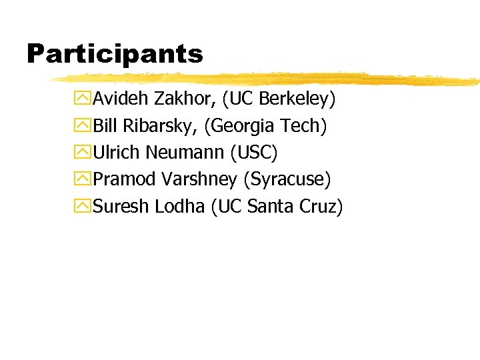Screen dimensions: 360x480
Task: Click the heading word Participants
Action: click(x=115, y=53)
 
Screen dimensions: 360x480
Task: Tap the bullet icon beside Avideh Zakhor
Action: click(x=84, y=99)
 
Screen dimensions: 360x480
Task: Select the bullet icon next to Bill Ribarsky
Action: click(x=84, y=126)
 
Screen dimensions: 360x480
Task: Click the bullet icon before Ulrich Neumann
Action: click(x=84, y=153)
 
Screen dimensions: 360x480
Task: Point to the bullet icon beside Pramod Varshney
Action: click(x=84, y=179)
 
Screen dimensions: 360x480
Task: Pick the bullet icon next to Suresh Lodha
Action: click(x=84, y=207)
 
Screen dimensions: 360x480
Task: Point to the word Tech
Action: click(x=304, y=126)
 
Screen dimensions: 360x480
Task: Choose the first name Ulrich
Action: click(x=117, y=153)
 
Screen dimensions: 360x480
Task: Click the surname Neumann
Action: click(x=185, y=153)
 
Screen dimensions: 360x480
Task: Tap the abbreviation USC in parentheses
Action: click(x=253, y=153)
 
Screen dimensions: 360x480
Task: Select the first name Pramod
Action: click(x=123, y=179)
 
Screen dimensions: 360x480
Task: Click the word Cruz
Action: click(x=319, y=207)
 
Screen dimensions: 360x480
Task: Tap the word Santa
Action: click(x=267, y=207)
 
